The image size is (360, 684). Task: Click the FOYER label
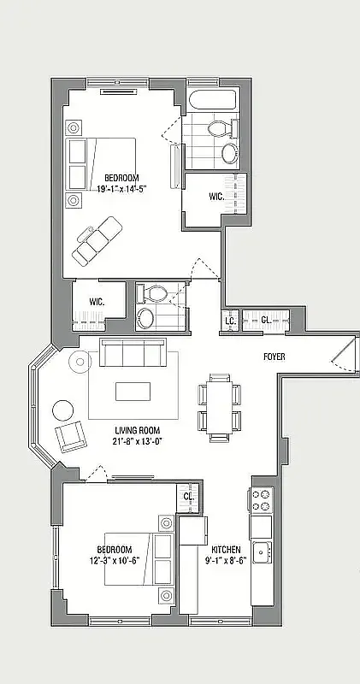tap(274, 357)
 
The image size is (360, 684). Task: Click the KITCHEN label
tap(226, 550)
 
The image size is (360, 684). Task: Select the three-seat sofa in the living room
tap(133, 353)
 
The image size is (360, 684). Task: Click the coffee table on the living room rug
tap(133, 391)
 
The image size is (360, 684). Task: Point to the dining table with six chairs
tap(218, 404)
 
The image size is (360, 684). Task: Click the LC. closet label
tap(230, 321)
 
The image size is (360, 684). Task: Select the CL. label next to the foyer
tap(266, 321)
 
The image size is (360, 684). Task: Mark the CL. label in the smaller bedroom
tap(189, 497)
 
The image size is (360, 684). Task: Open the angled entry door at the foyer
tap(342, 355)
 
